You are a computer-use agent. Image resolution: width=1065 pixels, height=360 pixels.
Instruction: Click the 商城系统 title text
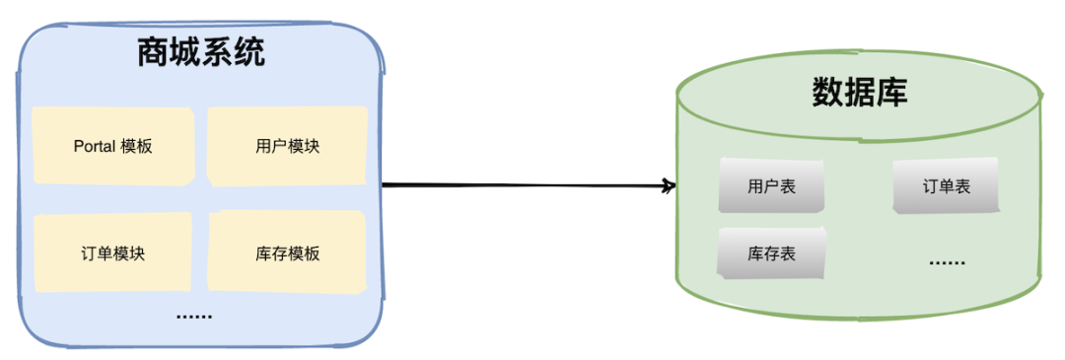pyautogui.click(x=200, y=52)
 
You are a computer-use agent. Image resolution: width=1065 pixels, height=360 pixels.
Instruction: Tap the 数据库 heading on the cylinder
pyautogui.click(x=859, y=93)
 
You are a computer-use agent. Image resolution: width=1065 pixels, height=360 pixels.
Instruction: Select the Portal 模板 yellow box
pyautogui.click(x=112, y=145)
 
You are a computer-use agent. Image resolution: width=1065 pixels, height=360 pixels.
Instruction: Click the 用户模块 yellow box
pyautogui.click(x=287, y=146)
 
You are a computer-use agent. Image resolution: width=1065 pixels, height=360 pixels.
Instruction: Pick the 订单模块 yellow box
pyautogui.click(x=112, y=252)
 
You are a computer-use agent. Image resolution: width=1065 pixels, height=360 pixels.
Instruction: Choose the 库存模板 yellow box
pyautogui.click(x=287, y=252)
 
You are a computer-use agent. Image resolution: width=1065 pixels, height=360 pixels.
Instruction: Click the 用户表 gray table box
pyautogui.click(x=771, y=185)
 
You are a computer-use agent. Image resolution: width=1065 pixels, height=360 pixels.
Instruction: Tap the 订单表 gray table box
pyautogui.click(x=946, y=185)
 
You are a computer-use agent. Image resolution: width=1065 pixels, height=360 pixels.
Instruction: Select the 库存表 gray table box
pyautogui.click(x=771, y=253)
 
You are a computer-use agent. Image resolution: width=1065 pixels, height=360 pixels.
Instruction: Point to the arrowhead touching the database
pyautogui.click(x=671, y=185)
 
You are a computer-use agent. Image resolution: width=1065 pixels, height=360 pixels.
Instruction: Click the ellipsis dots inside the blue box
pyautogui.click(x=194, y=316)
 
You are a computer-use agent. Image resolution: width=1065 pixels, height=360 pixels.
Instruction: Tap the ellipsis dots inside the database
pyautogui.click(x=947, y=262)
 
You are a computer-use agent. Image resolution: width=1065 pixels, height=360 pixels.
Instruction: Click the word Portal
pyautogui.click(x=95, y=146)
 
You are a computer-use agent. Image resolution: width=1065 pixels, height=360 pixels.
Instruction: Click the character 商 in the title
pyautogui.click(x=153, y=52)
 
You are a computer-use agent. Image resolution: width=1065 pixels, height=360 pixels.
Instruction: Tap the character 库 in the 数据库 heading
pyautogui.click(x=891, y=93)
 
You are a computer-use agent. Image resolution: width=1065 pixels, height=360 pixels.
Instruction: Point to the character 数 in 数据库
pyautogui.click(x=828, y=93)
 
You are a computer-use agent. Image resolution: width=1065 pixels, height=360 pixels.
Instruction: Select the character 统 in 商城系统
pyautogui.click(x=248, y=52)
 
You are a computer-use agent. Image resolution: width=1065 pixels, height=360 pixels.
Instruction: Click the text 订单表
pyautogui.click(x=946, y=186)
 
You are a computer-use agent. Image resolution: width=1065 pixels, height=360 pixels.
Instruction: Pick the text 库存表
pyautogui.click(x=771, y=254)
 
